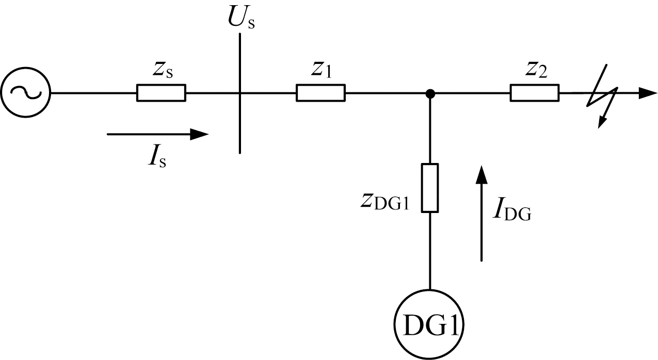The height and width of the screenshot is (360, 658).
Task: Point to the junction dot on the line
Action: [430, 94]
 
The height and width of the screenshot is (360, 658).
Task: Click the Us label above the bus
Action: [242, 18]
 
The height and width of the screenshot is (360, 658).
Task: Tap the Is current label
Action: [157, 157]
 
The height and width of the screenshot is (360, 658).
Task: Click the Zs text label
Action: [163, 71]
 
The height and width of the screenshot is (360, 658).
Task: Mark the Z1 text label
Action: [322, 71]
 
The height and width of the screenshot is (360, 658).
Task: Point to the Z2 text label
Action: [536, 71]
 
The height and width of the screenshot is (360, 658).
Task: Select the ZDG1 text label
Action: [385, 202]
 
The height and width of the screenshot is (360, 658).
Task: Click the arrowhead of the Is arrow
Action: [199, 134]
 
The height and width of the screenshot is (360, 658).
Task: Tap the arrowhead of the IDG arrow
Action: [482, 175]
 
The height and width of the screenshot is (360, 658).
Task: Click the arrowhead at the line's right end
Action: [648, 93]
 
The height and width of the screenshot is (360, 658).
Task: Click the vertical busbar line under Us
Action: [240, 93]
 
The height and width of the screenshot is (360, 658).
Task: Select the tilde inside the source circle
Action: [26, 92]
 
